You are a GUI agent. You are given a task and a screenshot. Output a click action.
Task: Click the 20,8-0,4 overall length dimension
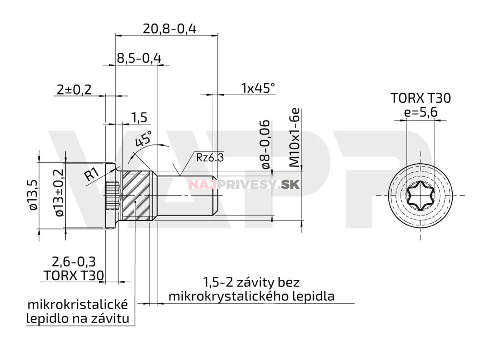169,29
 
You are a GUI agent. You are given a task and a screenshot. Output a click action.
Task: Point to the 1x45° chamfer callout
258,88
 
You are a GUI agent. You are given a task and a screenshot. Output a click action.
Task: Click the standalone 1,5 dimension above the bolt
139,118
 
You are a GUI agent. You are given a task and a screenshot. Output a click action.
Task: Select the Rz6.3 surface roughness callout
210,157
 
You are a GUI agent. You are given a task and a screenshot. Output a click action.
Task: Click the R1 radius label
92,174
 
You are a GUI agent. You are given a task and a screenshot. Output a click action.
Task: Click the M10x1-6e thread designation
294,138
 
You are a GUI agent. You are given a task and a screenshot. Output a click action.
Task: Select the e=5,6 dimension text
420,113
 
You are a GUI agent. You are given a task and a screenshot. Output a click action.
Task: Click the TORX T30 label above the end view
420,98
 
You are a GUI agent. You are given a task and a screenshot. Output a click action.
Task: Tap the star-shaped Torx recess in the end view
420,195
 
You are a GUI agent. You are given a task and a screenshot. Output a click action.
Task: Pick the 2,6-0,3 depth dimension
73,262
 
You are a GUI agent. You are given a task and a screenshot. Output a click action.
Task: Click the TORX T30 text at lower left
73,275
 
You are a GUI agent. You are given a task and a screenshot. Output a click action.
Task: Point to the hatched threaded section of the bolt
136,195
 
